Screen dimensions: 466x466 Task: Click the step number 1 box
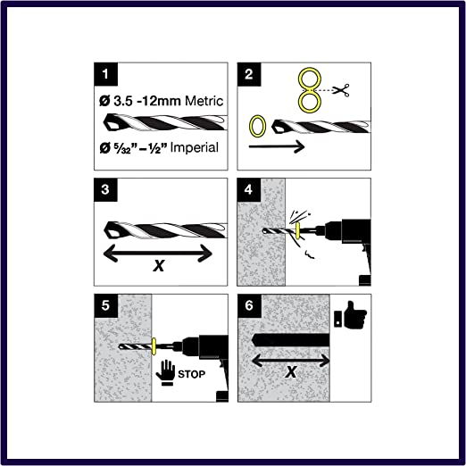click(105, 74)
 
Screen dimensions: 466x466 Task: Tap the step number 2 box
click(249, 74)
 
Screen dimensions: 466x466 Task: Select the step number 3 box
click(105, 190)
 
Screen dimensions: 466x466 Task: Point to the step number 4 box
click(249, 190)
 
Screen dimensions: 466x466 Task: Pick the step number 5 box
click(106, 305)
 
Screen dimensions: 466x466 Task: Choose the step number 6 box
click(249, 305)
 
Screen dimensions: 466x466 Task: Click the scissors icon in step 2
click(341, 90)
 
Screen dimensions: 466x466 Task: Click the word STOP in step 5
click(191, 374)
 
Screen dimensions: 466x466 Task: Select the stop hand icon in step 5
click(165, 372)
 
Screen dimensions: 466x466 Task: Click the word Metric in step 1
click(204, 101)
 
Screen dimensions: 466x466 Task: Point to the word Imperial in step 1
click(194, 147)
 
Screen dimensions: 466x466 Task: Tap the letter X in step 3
click(159, 265)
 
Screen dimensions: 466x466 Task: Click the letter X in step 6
click(291, 371)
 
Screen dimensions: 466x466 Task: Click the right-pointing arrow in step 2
click(277, 146)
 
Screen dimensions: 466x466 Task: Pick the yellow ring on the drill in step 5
click(154, 346)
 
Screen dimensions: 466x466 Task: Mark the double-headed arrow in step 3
click(158, 254)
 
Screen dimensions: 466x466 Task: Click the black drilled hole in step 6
click(290, 340)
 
